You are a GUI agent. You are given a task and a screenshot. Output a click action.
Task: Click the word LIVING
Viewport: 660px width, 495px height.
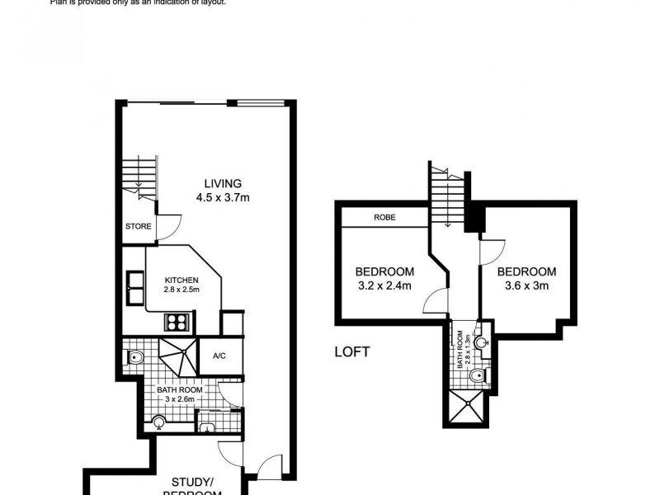tap(224, 183)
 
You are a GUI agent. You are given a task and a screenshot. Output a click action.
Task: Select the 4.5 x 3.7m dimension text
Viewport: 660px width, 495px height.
tap(224, 197)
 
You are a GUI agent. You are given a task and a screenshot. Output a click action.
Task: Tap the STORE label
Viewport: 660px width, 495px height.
tap(138, 225)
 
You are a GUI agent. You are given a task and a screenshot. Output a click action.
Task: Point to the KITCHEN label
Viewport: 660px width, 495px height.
tap(181, 280)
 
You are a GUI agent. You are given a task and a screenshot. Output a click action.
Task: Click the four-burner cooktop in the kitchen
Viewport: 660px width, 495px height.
tap(177, 322)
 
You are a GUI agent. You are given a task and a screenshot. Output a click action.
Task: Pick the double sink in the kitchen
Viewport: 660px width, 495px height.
tap(134, 290)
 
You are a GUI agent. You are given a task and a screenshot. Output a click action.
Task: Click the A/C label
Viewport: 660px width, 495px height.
tap(219, 356)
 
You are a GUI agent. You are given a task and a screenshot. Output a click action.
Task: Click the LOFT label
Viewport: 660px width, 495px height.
tap(352, 351)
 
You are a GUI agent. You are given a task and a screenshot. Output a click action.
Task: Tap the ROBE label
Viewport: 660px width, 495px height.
tap(384, 218)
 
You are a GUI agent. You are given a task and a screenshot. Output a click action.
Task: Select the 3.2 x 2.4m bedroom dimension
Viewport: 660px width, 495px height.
tap(384, 286)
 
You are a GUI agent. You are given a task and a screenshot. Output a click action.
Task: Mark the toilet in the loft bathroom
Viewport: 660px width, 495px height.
tap(476, 377)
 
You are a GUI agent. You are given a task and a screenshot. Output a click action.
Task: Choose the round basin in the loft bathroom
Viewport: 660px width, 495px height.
tap(482, 340)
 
